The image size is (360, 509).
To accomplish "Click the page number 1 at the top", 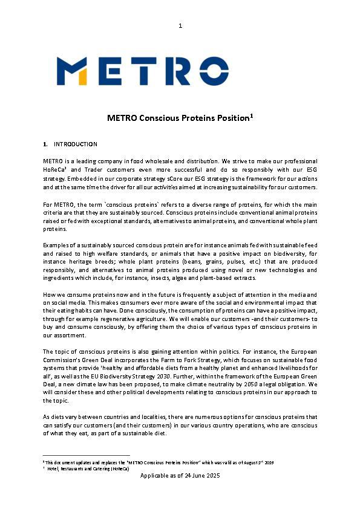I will point(180,25).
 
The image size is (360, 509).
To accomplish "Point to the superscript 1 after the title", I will point(250,115).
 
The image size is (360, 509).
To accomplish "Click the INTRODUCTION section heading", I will point(76,144).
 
